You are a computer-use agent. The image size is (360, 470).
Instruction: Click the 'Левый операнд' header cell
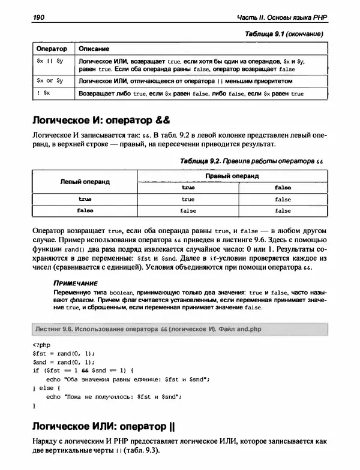tap(85, 182)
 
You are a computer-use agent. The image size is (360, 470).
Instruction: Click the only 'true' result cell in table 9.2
tap(188, 199)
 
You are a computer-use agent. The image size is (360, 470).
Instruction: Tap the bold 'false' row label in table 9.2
tap(85, 210)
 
